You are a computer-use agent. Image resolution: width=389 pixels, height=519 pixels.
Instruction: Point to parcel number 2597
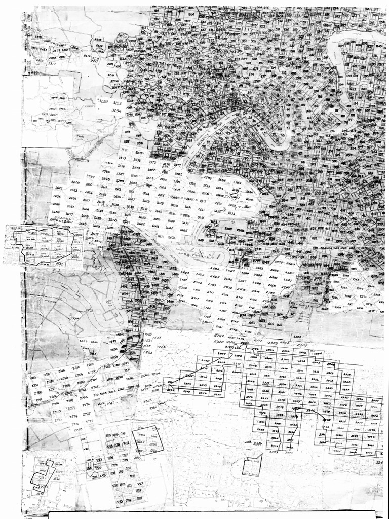tap(91, 176)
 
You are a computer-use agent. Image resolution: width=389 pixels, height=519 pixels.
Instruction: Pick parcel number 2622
tap(58, 188)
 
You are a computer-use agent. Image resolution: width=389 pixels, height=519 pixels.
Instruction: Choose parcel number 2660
tap(112, 220)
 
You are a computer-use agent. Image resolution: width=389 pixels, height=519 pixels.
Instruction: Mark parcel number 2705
tap(241, 289)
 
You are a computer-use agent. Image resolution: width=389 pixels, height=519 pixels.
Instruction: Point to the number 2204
tap(296, 336)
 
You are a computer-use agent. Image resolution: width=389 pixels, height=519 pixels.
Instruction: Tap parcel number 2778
tap(77, 429)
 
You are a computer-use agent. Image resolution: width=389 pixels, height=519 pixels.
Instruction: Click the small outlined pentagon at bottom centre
tap(252, 465)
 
